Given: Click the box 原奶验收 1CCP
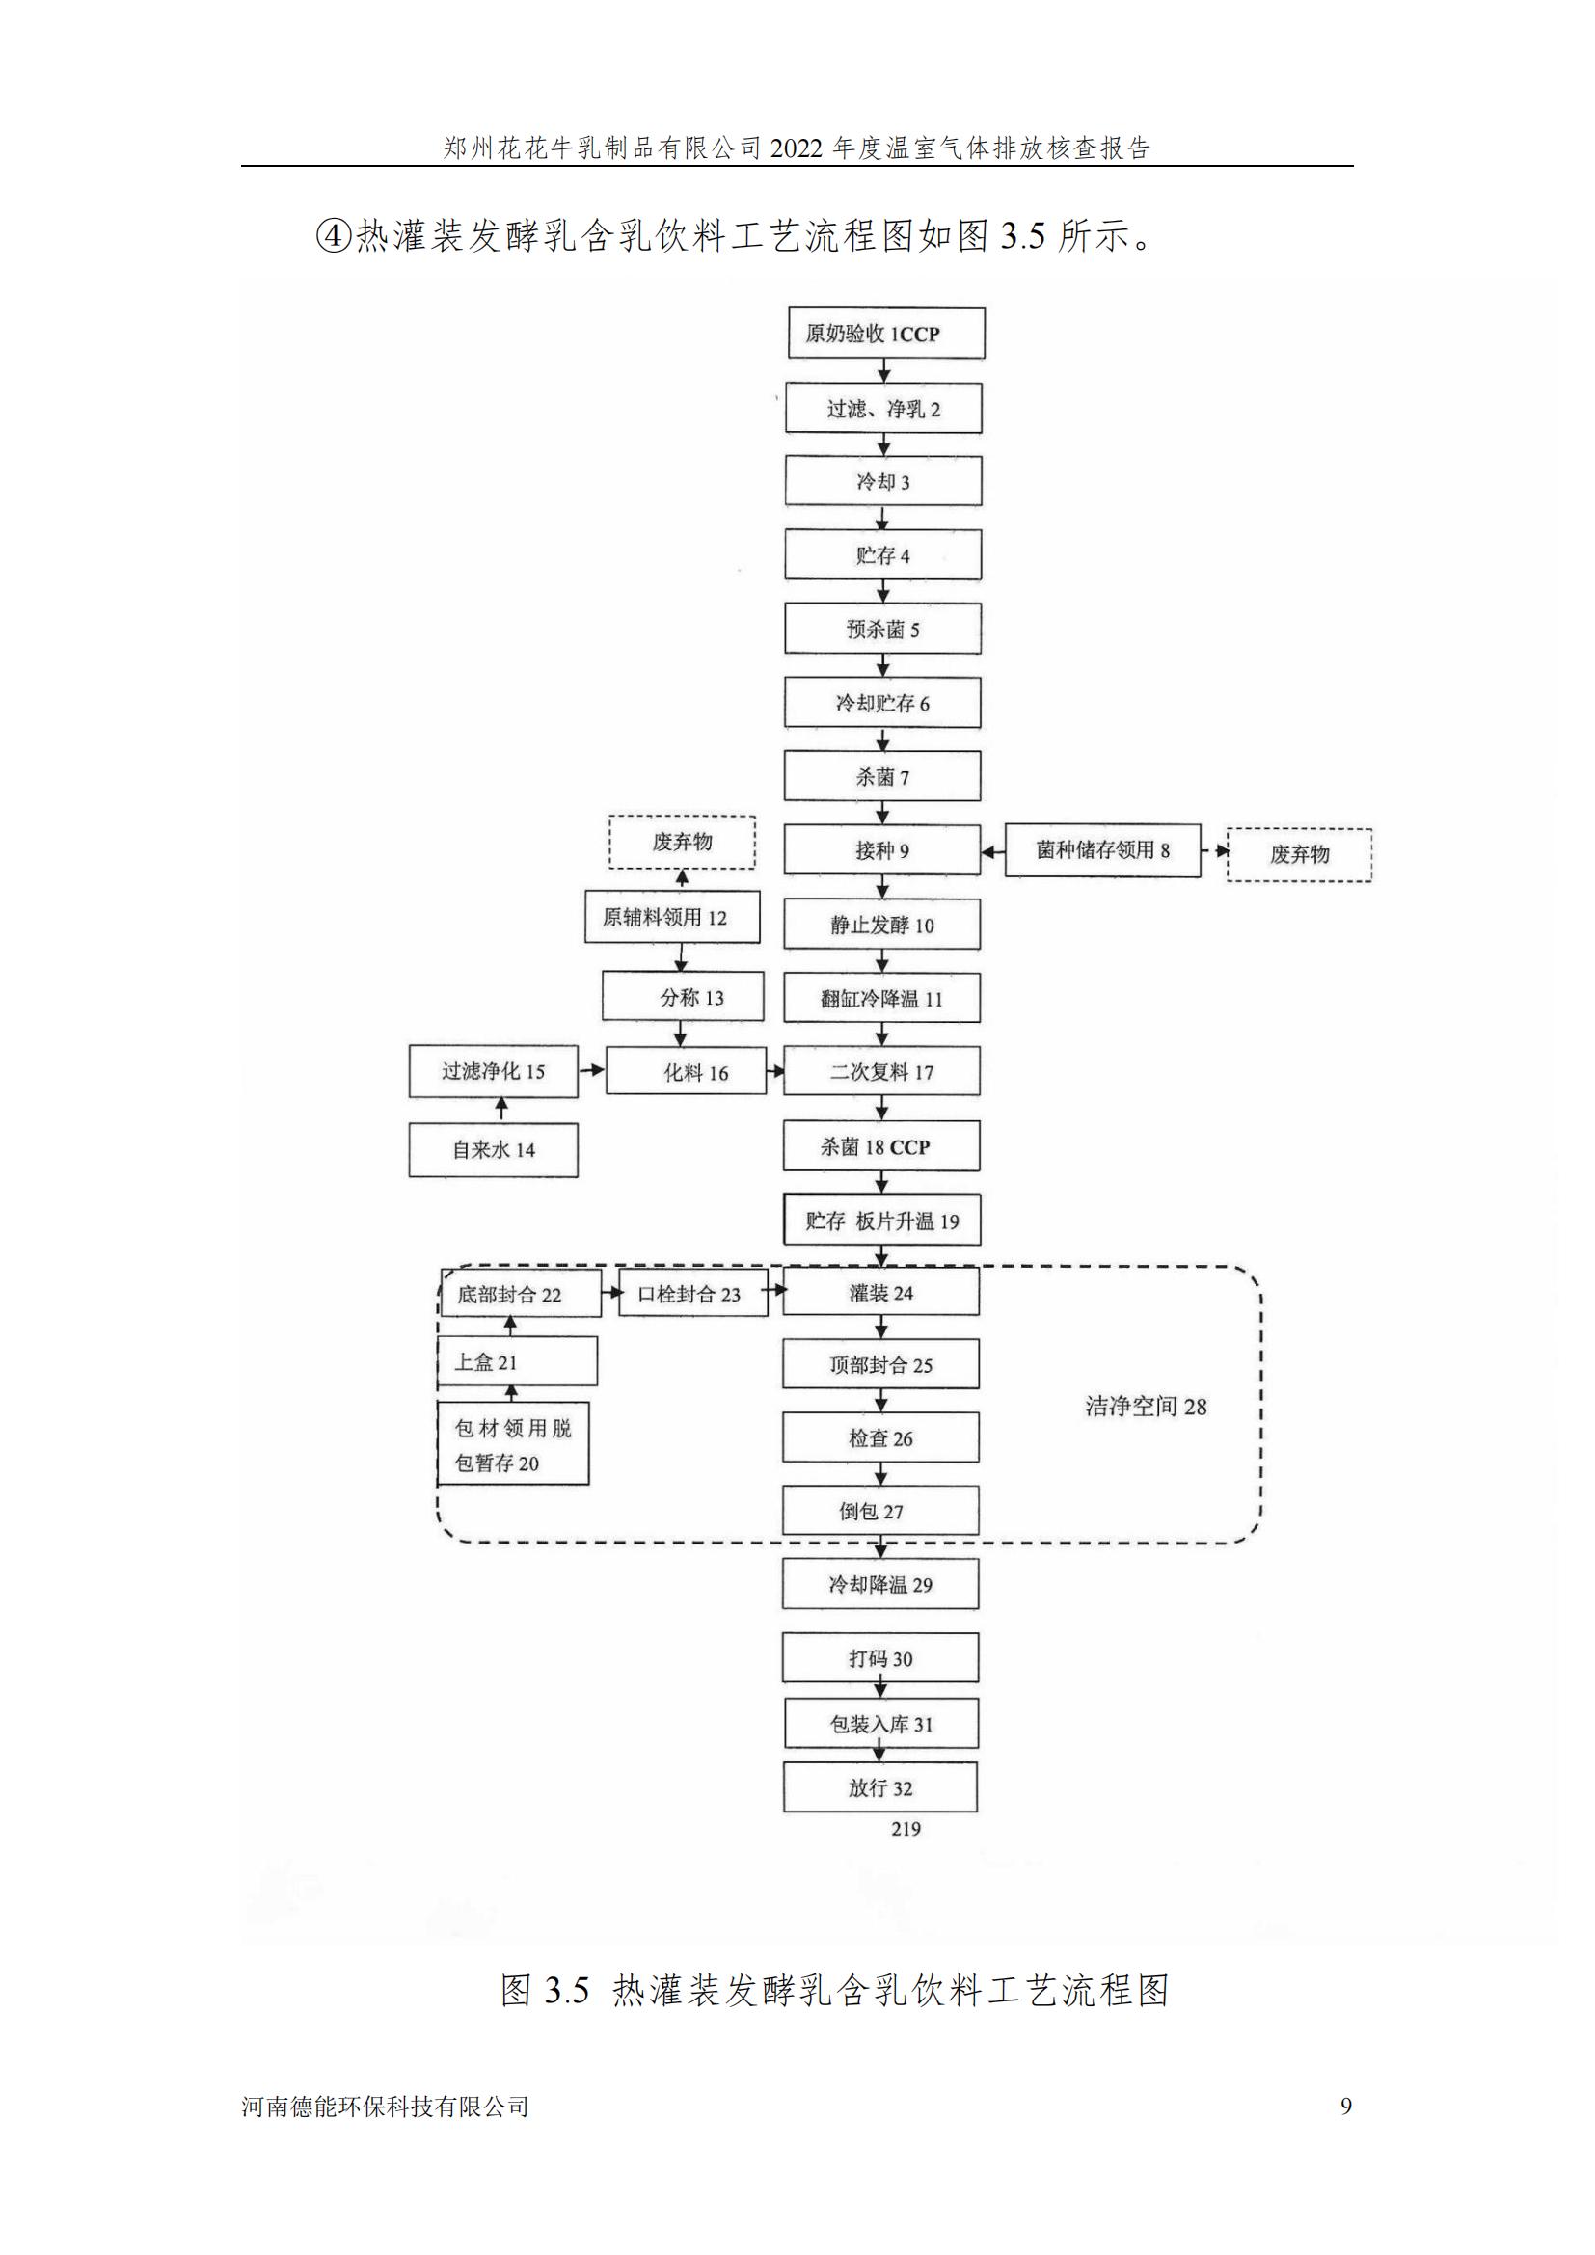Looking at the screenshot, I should (x=886, y=333).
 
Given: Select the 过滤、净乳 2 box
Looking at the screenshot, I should (x=883, y=409).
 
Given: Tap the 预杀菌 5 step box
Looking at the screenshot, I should (x=882, y=630).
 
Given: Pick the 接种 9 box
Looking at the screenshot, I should (x=882, y=850).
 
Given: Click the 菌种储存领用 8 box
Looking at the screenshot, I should (x=1102, y=850).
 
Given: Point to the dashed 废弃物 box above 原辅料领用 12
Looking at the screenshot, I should (x=682, y=842).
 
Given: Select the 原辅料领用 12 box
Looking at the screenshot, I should (x=672, y=917).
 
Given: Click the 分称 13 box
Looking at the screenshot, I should (x=683, y=997).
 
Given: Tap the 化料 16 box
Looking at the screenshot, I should (x=686, y=1072).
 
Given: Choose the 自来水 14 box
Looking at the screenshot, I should (x=493, y=1150).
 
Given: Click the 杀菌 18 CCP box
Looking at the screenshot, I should (x=881, y=1146).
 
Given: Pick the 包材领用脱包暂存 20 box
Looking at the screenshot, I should (x=513, y=1445).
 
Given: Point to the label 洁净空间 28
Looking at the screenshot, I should (x=1146, y=1407).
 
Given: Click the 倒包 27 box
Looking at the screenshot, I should (x=880, y=1511).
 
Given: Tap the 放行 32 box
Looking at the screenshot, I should (x=880, y=1787).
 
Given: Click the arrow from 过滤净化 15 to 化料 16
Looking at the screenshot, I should (x=591, y=1069).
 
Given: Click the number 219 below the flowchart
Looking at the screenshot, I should (x=906, y=1829).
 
